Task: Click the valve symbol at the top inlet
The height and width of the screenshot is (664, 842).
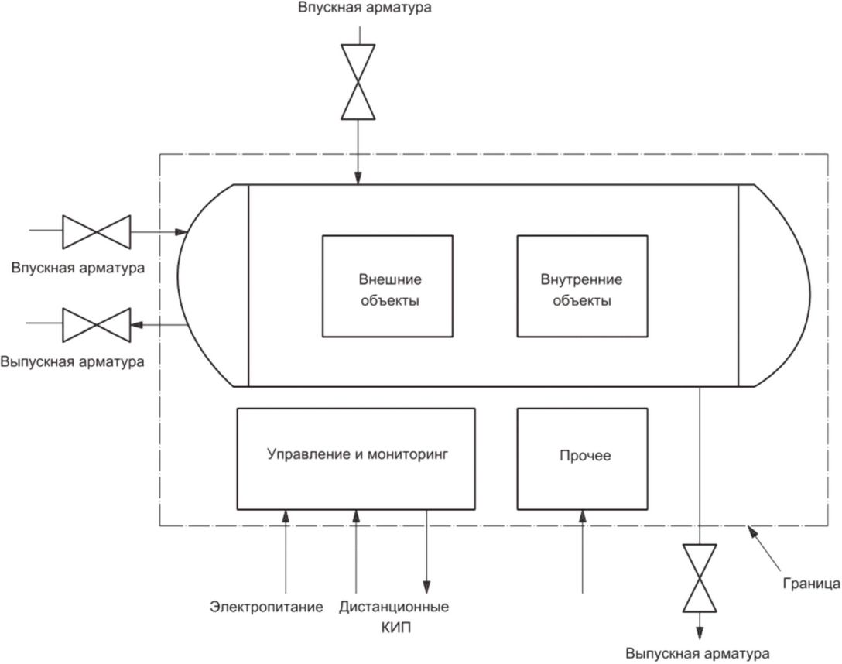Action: pyautogui.click(x=358, y=81)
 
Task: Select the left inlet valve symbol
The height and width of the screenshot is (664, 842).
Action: pyautogui.click(x=96, y=232)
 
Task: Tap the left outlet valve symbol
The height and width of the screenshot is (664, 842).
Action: pyautogui.click(x=96, y=325)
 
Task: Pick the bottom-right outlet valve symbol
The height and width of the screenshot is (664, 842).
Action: pyautogui.click(x=699, y=578)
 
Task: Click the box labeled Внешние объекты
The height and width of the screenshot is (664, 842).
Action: pyautogui.click(x=387, y=286)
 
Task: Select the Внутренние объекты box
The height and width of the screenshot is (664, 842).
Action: pyautogui.click(x=582, y=286)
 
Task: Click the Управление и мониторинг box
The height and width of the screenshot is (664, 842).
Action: pyautogui.click(x=356, y=459)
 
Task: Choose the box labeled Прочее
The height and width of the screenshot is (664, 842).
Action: pyautogui.click(x=582, y=459)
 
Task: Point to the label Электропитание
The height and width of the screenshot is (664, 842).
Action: pyautogui.click(x=266, y=607)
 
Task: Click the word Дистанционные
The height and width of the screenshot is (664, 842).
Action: pyautogui.click(x=394, y=607)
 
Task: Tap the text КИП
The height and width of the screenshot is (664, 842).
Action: pyautogui.click(x=395, y=628)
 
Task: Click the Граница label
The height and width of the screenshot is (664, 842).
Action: pyautogui.click(x=811, y=584)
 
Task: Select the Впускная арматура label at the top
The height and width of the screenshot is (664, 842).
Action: pyautogui.click(x=365, y=8)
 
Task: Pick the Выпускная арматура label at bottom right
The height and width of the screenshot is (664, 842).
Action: pyautogui.click(x=697, y=654)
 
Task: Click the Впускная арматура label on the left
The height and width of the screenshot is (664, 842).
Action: pyautogui.click(x=78, y=267)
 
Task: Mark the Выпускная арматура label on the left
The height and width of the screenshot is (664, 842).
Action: pyautogui.click(x=73, y=361)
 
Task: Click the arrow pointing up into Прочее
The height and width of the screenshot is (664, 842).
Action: pyautogui.click(x=583, y=552)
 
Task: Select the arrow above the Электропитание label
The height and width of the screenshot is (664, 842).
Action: pyautogui.click(x=286, y=552)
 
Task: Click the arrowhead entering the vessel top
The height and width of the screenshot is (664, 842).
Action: pyautogui.click(x=358, y=179)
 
